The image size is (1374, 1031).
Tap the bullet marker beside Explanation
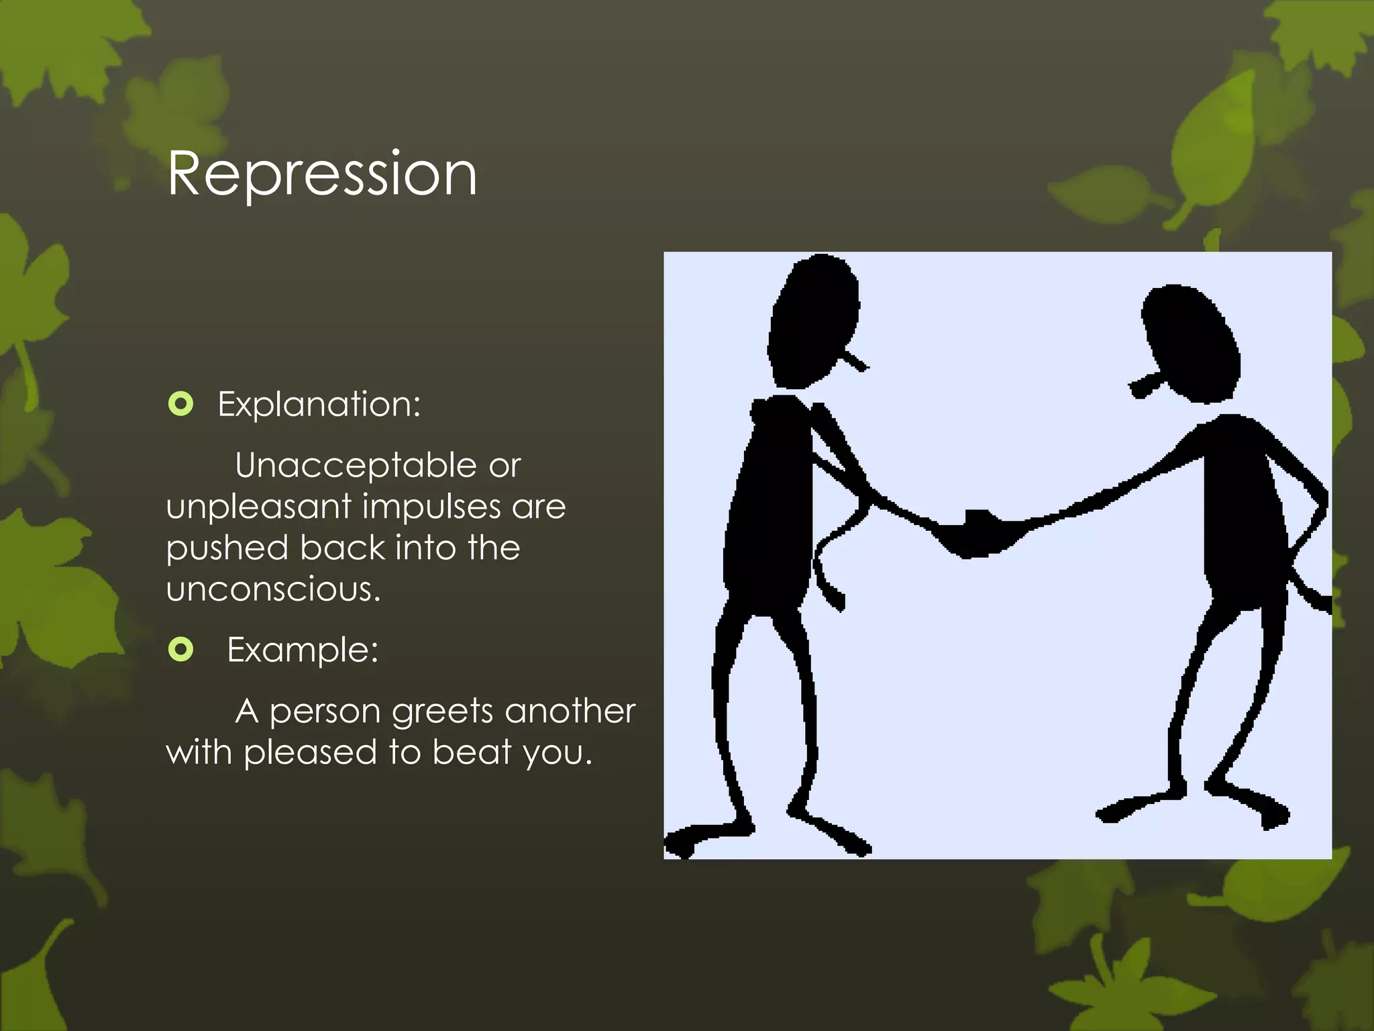[180, 404]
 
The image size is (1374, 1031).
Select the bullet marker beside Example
[180, 649]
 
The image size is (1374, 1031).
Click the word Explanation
[319, 405]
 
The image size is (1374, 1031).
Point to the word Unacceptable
[356, 466]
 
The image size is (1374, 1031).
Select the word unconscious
[273, 589]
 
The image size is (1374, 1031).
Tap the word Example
[303, 650]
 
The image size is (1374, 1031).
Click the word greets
[443, 711]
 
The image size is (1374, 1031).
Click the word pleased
[311, 752]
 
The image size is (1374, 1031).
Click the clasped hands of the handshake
[976, 534]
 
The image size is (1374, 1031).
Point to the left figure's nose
[856, 362]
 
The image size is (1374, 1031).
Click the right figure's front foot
[1127, 809]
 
